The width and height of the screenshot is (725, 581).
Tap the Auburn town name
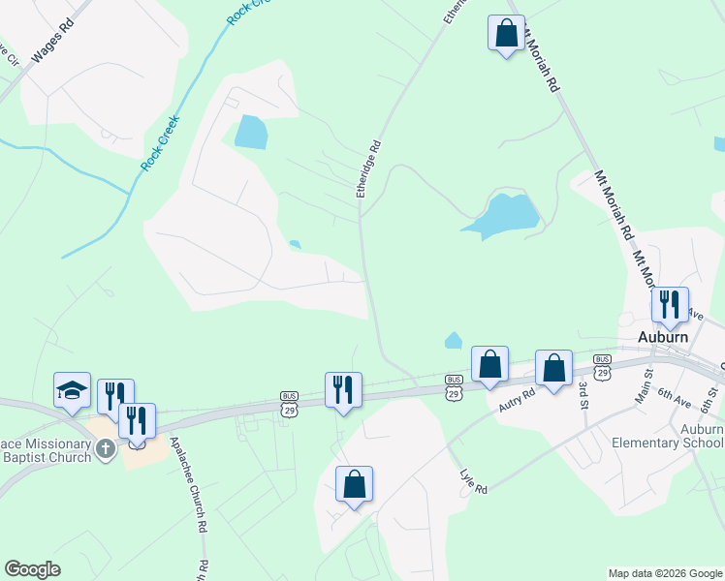coord(663,337)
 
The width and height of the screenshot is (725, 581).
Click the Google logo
coord(32,569)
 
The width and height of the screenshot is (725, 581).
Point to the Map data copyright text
coord(664,573)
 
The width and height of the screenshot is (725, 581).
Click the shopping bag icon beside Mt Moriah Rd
coord(506,34)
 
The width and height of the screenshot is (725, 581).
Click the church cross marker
coord(107,448)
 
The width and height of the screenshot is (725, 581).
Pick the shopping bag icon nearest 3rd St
coord(553,369)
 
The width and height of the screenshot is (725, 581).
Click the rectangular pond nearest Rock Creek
coord(250,132)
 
